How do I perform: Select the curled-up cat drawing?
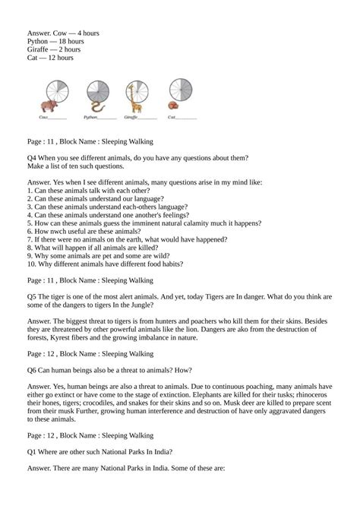click(173, 106)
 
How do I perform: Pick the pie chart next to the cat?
click(179, 88)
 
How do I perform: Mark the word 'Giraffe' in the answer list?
click(36, 49)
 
